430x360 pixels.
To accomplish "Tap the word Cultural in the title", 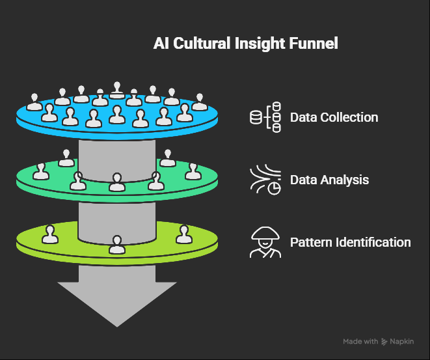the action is [202, 44].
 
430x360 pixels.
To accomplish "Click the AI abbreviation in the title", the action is [161, 44].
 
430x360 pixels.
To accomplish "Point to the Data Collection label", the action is [334, 117].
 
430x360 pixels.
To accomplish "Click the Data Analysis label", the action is [329, 180].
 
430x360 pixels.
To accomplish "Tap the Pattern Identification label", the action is [351, 243].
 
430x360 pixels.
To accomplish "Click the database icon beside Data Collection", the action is [265, 117].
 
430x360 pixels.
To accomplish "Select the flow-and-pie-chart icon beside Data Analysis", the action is [265, 180].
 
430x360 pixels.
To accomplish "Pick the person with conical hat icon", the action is [265, 242].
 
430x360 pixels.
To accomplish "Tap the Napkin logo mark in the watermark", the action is [384, 342].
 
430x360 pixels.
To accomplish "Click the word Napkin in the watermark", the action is [402, 342].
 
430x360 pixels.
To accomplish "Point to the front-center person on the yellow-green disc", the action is [117, 245].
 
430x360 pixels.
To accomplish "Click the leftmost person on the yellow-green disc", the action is [50, 234].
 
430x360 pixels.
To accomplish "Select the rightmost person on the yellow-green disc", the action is [184, 234].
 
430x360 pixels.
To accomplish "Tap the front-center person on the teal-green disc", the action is [117, 182].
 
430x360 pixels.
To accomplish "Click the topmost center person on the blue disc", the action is [117, 90].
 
